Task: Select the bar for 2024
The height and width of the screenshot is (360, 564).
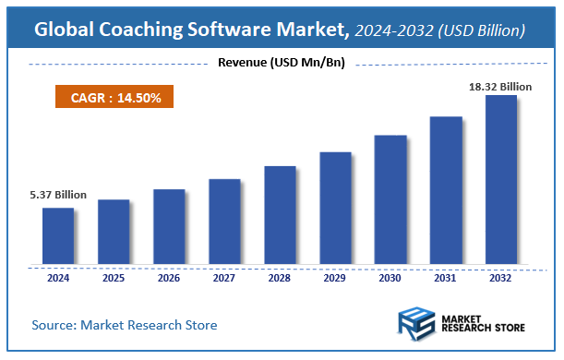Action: click(58, 235)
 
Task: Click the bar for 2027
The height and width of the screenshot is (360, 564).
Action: click(224, 221)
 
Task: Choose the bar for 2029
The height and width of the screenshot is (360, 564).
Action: click(335, 208)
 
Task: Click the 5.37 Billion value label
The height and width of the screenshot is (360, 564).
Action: click(58, 195)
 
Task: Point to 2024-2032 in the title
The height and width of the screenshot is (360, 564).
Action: click(392, 30)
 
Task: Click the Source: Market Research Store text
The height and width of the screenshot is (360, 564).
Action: click(125, 325)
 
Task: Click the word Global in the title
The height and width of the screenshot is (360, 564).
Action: click(66, 30)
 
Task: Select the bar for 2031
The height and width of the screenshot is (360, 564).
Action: click(446, 190)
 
